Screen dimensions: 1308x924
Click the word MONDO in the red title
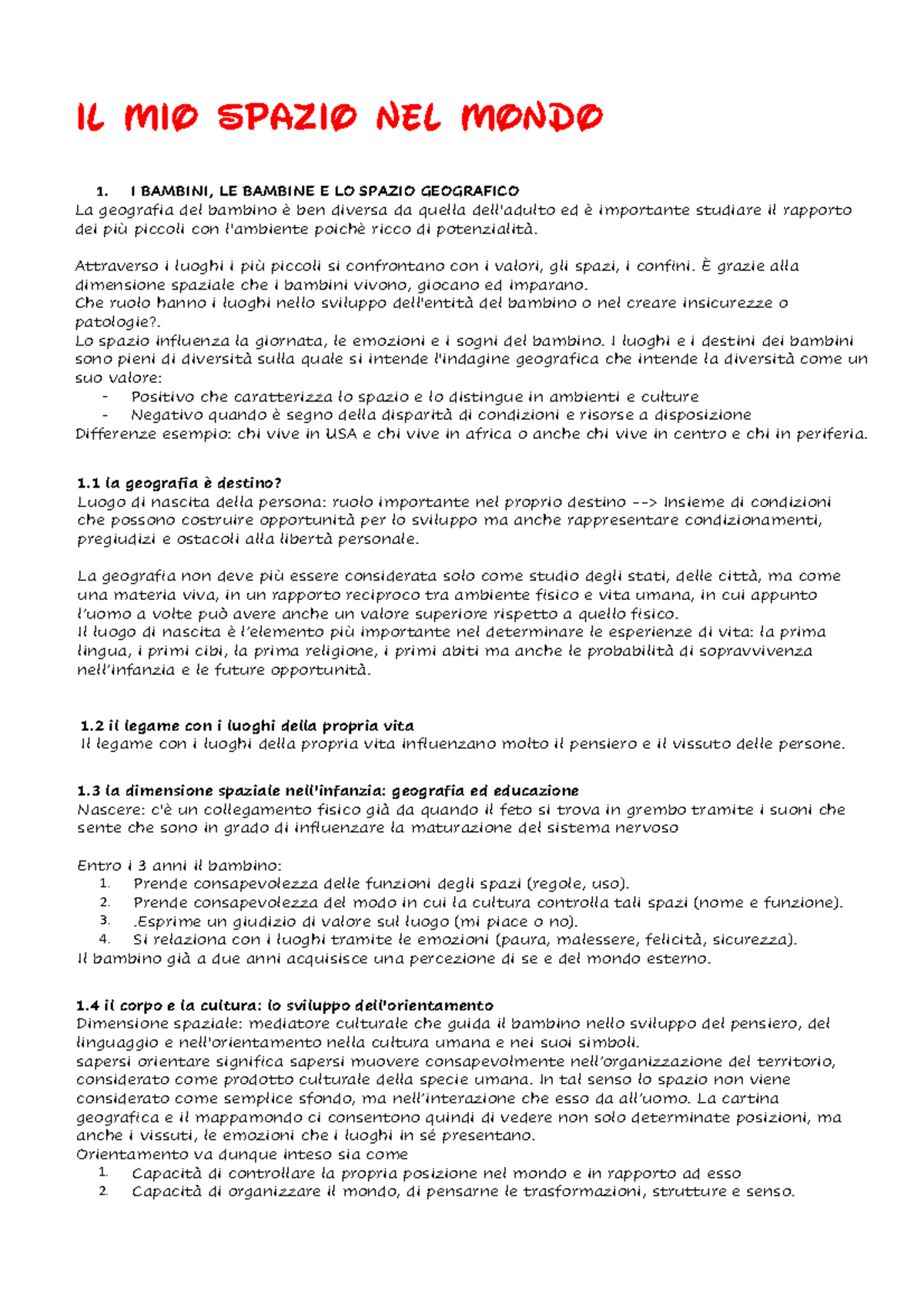(x=531, y=118)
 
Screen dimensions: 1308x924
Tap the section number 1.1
(x=89, y=484)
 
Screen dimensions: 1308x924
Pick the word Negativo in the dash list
(x=166, y=415)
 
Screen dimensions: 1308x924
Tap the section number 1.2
(x=92, y=726)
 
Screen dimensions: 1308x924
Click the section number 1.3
(x=89, y=791)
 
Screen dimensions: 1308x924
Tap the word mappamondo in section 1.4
(x=242, y=1117)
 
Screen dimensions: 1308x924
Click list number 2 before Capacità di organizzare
(x=104, y=1192)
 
